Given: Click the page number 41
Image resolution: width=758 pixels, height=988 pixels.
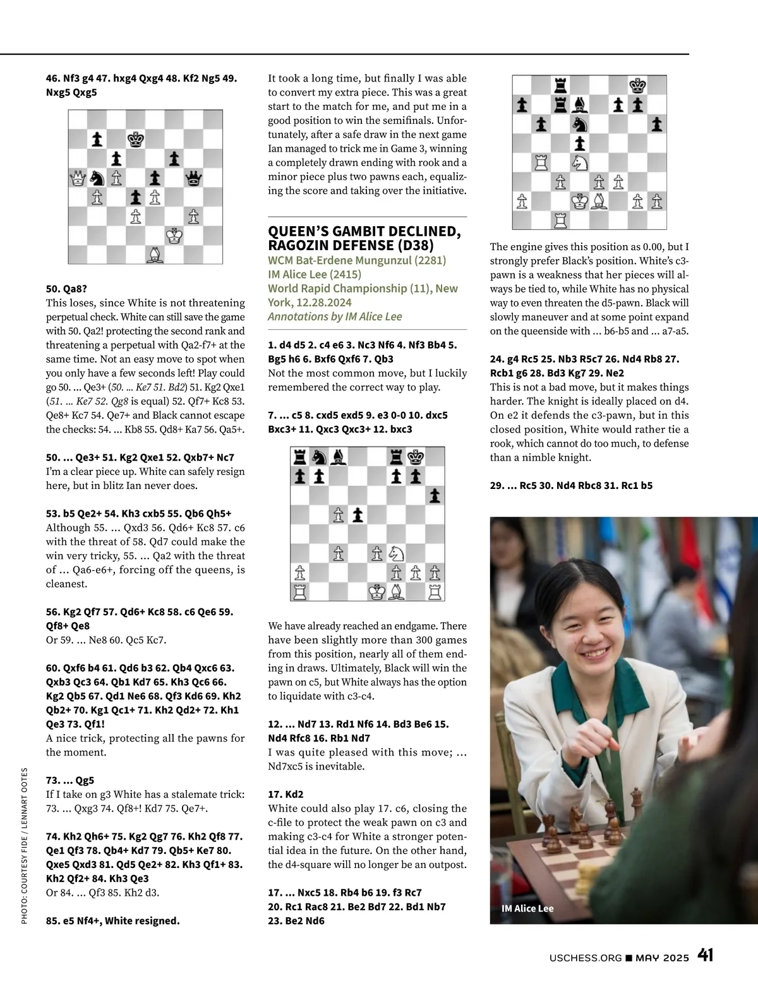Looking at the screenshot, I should tap(706, 955).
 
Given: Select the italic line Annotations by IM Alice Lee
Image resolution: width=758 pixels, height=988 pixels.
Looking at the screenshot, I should tap(335, 316).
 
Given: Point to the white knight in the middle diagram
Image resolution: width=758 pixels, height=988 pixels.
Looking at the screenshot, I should tap(397, 553).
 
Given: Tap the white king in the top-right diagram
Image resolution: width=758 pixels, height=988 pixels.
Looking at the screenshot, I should tap(580, 201).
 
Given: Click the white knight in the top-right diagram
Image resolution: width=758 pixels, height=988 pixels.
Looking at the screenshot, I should tap(580, 162).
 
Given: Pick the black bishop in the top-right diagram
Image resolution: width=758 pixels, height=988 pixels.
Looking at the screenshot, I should tap(580, 105).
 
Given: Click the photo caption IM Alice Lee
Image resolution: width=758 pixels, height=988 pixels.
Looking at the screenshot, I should tap(527, 908).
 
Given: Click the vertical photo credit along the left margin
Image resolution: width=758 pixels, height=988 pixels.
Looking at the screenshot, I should tap(25, 846).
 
